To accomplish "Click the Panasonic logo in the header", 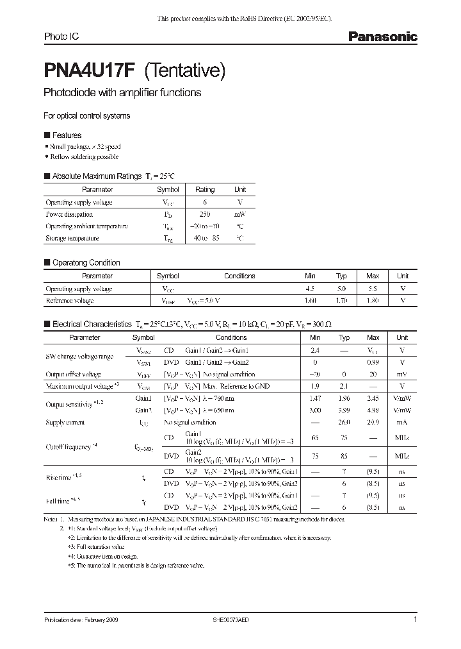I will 382,37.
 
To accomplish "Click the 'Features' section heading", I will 66,135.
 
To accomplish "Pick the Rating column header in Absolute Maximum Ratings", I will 205,190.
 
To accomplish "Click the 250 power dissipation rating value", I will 205,214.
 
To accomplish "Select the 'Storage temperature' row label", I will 72,238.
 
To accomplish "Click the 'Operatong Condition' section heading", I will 86,262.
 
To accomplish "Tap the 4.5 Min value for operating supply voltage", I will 311,289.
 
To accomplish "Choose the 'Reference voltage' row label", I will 70,300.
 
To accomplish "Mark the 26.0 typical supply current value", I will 344,423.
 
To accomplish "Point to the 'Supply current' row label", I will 65,423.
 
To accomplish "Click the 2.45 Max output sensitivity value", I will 373,398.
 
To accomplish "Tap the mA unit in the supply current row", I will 402,423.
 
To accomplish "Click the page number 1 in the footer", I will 416,620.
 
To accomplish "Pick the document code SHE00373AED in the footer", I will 230,621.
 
